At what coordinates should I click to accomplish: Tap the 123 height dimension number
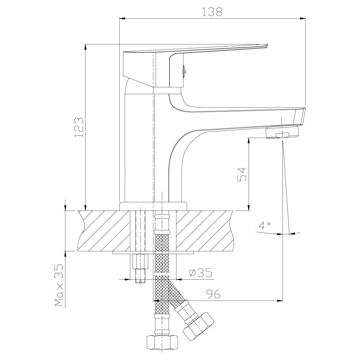point(79,127)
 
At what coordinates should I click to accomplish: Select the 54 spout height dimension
point(242,175)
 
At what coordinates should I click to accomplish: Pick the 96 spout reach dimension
point(213,294)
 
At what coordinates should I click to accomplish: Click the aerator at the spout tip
point(282,133)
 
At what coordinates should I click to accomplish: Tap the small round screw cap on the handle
point(184,71)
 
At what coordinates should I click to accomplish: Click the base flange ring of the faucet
point(153,206)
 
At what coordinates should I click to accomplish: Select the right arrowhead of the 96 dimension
point(280,301)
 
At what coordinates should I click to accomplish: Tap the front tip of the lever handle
point(267,45)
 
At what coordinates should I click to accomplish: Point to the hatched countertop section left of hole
point(104,231)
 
